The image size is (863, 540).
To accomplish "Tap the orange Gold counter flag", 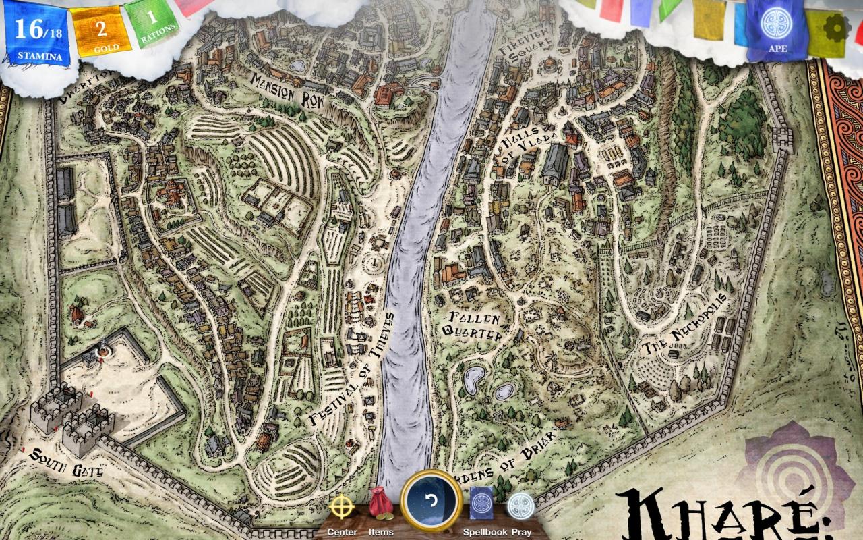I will pyautogui.click(x=102, y=32).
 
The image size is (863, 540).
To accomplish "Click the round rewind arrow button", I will pyautogui.click(x=431, y=501).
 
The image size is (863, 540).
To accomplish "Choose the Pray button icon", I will pyautogui.click(x=518, y=506).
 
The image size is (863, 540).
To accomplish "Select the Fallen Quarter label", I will pyautogui.click(x=473, y=326).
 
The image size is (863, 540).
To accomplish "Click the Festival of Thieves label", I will pyautogui.click(x=351, y=370).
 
